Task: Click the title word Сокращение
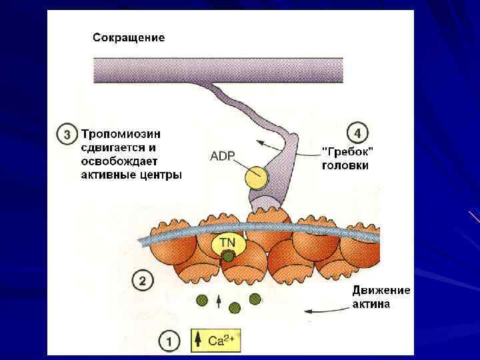click(128, 38)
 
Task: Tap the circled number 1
click(169, 342)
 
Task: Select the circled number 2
click(141, 280)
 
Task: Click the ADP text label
click(223, 157)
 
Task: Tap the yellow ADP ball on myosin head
click(255, 177)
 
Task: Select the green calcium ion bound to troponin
click(228, 256)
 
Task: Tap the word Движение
click(381, 291)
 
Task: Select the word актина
click(371, 305)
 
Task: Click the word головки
click(345, 166)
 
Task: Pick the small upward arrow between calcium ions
click(219, 302)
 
